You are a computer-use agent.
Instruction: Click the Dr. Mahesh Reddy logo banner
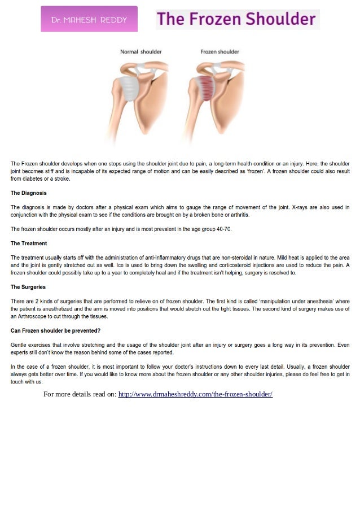tap(89, 19)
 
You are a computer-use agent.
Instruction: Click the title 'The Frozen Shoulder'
tap(236, 20)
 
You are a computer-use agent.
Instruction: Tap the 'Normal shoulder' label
tap(141, 52)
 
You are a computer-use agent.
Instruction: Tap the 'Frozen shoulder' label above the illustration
tap(220, 52)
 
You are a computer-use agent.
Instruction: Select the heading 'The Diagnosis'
tap(29, 193)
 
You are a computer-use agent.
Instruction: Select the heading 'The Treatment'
tap(29, 243)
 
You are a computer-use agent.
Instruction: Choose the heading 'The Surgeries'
tap(28, 287)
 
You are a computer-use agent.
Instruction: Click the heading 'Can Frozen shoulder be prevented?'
tap(55, 330)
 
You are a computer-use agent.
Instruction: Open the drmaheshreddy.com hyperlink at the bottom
tap(195, 394)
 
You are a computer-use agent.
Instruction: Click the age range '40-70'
tap(223, 229)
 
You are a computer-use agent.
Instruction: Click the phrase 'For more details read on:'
tap(80, 394)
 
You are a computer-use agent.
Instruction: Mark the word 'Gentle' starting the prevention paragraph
tap(20, 345)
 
